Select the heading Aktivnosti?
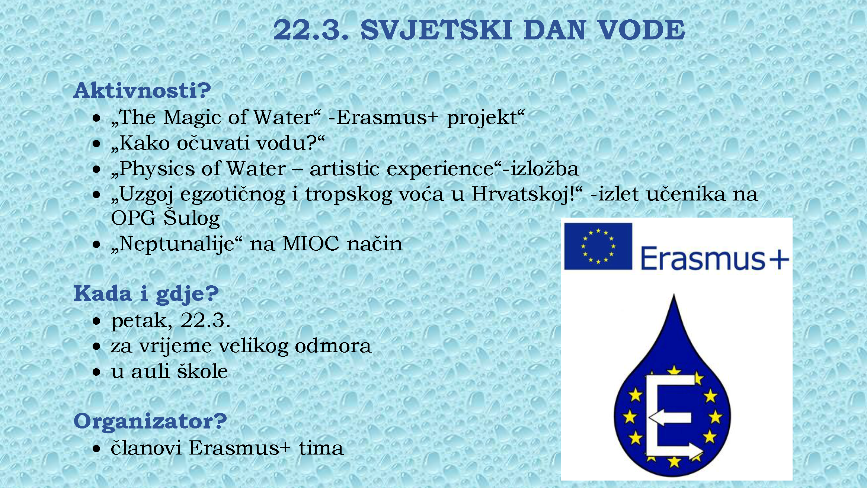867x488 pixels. click(x=143, y=90)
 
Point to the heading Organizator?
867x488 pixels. click(x=150, y=422)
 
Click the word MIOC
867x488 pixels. click(x=311, y=244)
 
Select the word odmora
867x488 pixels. click(x=333, y=346)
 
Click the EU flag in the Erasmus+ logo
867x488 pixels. click(x=598, y=246)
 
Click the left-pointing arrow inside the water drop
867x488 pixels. click(x=670, y=418)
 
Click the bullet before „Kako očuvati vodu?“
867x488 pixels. click(x=97, y=144)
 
